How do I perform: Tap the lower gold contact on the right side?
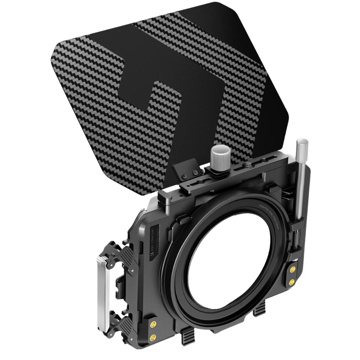pos(292,282)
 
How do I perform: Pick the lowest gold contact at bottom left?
pos(153,337)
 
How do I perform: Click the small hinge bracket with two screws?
pos(186,170)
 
